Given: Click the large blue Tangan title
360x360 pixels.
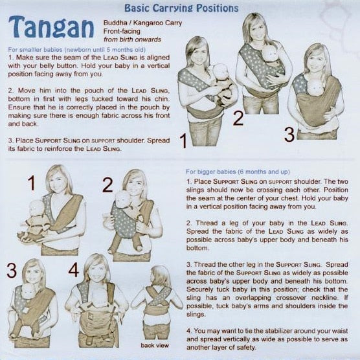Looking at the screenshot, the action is coord(51,27).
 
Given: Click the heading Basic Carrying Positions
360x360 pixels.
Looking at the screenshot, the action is coord(181,8).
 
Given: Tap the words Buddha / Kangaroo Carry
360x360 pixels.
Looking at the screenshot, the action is coord(142,23).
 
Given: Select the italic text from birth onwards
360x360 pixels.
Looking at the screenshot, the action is coord(132,39).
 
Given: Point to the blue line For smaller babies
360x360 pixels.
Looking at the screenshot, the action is coord(76,50).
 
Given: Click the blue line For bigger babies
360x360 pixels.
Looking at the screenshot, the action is coord(238,172).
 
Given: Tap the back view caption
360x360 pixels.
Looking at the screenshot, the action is coord(155,345).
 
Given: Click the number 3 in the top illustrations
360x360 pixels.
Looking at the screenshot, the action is coord(289,135).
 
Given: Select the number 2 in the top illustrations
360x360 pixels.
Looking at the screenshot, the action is coord(238,118).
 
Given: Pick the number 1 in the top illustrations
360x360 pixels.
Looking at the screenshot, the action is coord(184,141).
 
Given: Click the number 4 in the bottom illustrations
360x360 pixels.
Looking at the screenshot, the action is coord(74,270).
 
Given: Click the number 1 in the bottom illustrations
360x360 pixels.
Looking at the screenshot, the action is coord(32,183).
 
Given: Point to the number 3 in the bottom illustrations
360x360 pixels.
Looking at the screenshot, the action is coord(12,271).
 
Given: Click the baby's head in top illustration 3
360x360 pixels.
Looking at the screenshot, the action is coord(315,86).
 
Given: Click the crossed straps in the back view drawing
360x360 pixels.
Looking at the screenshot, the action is coord(159,296).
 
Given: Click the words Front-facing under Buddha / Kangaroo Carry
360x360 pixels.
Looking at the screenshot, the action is coord(122,31).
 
